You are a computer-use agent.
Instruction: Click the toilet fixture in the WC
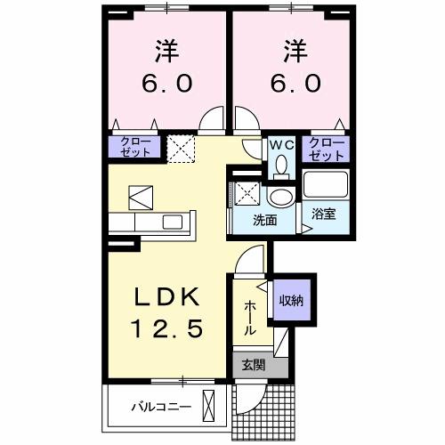coord(280,165)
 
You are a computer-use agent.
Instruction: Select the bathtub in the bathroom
coord(325,185)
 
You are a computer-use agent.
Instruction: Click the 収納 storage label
coord(291,300)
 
